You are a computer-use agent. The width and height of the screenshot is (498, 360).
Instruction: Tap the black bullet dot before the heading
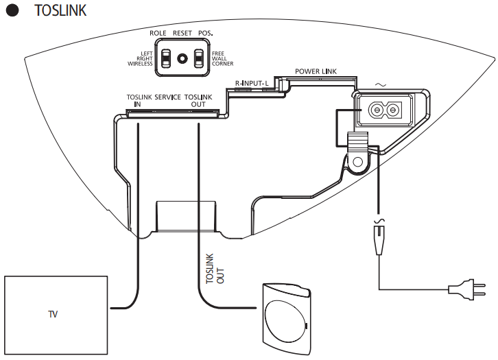point(12,12)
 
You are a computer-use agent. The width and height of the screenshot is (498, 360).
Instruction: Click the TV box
point(55,315)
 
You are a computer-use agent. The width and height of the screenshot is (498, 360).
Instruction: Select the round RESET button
point(182,59)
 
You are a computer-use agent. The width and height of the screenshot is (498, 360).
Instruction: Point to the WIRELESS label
point(140,64)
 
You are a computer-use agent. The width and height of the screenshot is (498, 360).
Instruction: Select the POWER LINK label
point(316,71)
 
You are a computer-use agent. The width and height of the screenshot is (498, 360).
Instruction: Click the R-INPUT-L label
point(252,82)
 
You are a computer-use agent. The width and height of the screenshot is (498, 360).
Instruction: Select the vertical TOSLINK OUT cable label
point(210,268)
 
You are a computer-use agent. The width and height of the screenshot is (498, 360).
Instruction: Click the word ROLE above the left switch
point(158,33)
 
